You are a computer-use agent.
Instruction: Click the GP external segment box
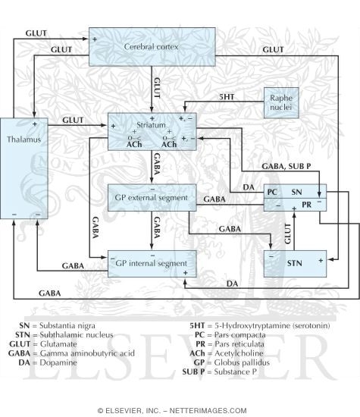point(152,198)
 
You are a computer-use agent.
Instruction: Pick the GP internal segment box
point(152,262)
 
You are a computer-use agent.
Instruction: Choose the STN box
point(295,262)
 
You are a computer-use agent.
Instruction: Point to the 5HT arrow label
point(225,97)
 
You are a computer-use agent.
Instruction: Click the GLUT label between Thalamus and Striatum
point(73,120)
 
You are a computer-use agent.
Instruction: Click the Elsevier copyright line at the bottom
point(180,409)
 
